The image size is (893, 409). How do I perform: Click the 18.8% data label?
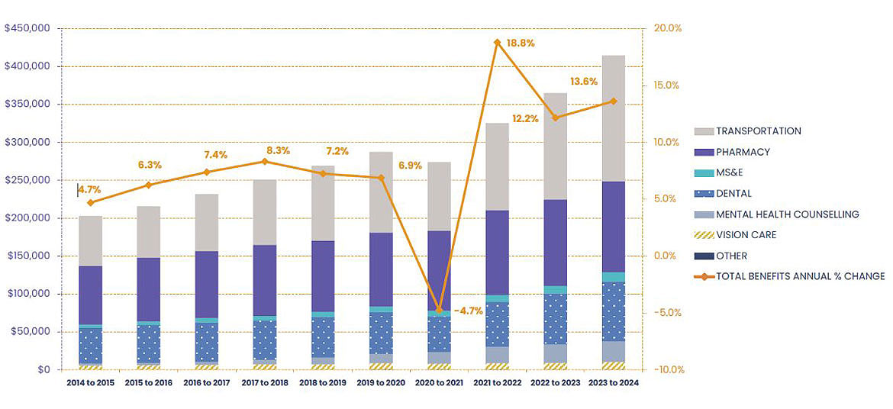coord(520,43)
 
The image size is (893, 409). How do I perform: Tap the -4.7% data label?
coord(468,311)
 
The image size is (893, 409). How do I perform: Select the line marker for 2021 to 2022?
coord(497,43)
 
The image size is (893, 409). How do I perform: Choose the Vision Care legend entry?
coord(746,235)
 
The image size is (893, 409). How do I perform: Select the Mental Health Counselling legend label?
coord(787,214)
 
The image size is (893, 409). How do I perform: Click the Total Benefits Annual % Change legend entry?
coord(800,276)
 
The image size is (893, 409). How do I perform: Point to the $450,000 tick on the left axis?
coord(27,29)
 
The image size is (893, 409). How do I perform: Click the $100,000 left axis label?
coord(27,294)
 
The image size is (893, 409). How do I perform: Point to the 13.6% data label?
coord(584,82)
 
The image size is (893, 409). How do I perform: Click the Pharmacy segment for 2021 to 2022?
coord(497,253)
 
